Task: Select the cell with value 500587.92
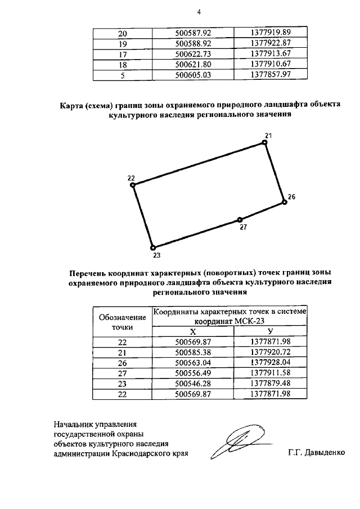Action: click(192, 34)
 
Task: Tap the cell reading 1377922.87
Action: click(268, 44)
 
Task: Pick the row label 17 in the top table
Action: click(123, 54)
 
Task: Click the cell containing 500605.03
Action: click(192, 74)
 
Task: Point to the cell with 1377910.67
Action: click(268, 64)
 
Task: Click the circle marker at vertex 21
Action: click(265, 143)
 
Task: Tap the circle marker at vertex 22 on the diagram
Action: click(132, 184)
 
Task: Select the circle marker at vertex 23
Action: click(153, 247)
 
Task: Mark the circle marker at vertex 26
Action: click(284, 202)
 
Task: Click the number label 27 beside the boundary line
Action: click(243, 228)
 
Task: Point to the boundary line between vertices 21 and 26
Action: click(274, 172)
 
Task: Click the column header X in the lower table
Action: click(192, 332)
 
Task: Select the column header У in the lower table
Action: click(271, 332)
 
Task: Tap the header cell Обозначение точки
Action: click(123, 321)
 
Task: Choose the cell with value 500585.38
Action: click(192, 352)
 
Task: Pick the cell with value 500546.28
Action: click(192, 382)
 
